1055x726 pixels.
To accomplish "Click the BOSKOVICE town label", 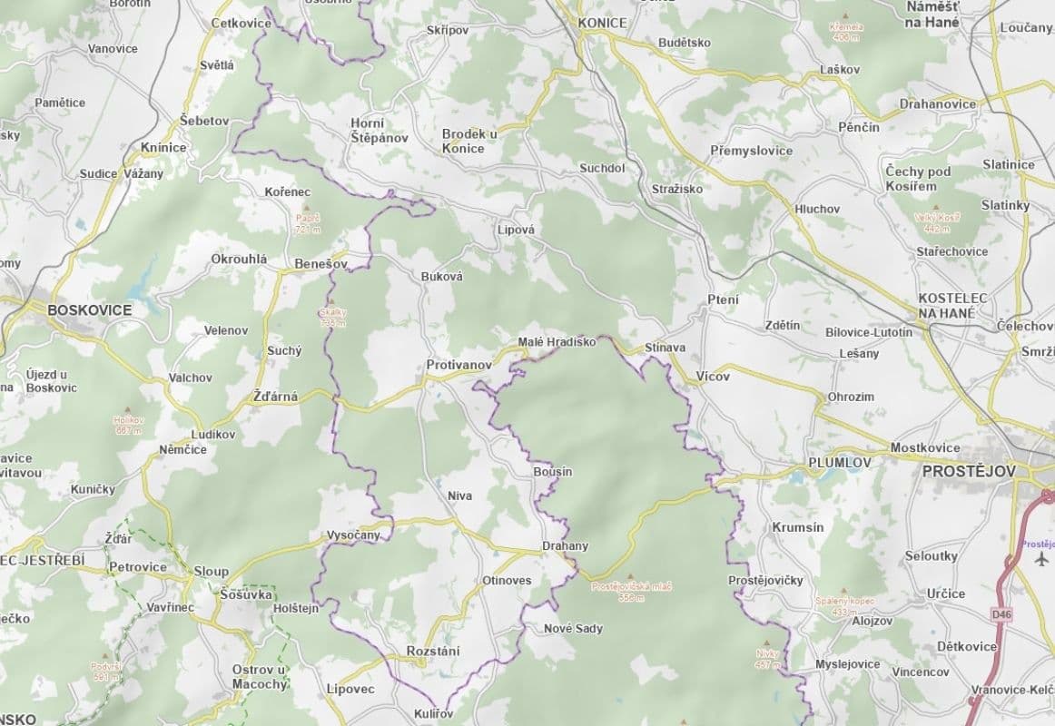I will [x=89, y=310].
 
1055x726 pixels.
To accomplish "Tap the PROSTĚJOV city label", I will [x=969, y=472].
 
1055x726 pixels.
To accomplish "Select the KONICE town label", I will [x=603, y=23].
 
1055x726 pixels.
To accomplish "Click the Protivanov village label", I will [x=458, y=365].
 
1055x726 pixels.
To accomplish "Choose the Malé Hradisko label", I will [x=556, y=342].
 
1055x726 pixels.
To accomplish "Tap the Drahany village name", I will [x=565, y=546].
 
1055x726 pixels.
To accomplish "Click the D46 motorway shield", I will [x=1001, y=614].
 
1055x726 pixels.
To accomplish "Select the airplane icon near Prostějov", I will [x=1040, y=558].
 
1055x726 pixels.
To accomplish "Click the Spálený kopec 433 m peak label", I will [x=843, y=605].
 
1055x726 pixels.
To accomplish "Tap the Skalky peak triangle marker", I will [x=330, y=302].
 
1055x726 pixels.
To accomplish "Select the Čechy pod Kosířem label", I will [x=917, y=179].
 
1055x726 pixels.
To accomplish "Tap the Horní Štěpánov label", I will [x=379, y=131].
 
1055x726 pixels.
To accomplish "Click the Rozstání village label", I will [x=433, y=651].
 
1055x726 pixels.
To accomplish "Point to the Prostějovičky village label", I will [x=765, y=580].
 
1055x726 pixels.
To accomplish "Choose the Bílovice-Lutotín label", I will [x=868, y=332].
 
